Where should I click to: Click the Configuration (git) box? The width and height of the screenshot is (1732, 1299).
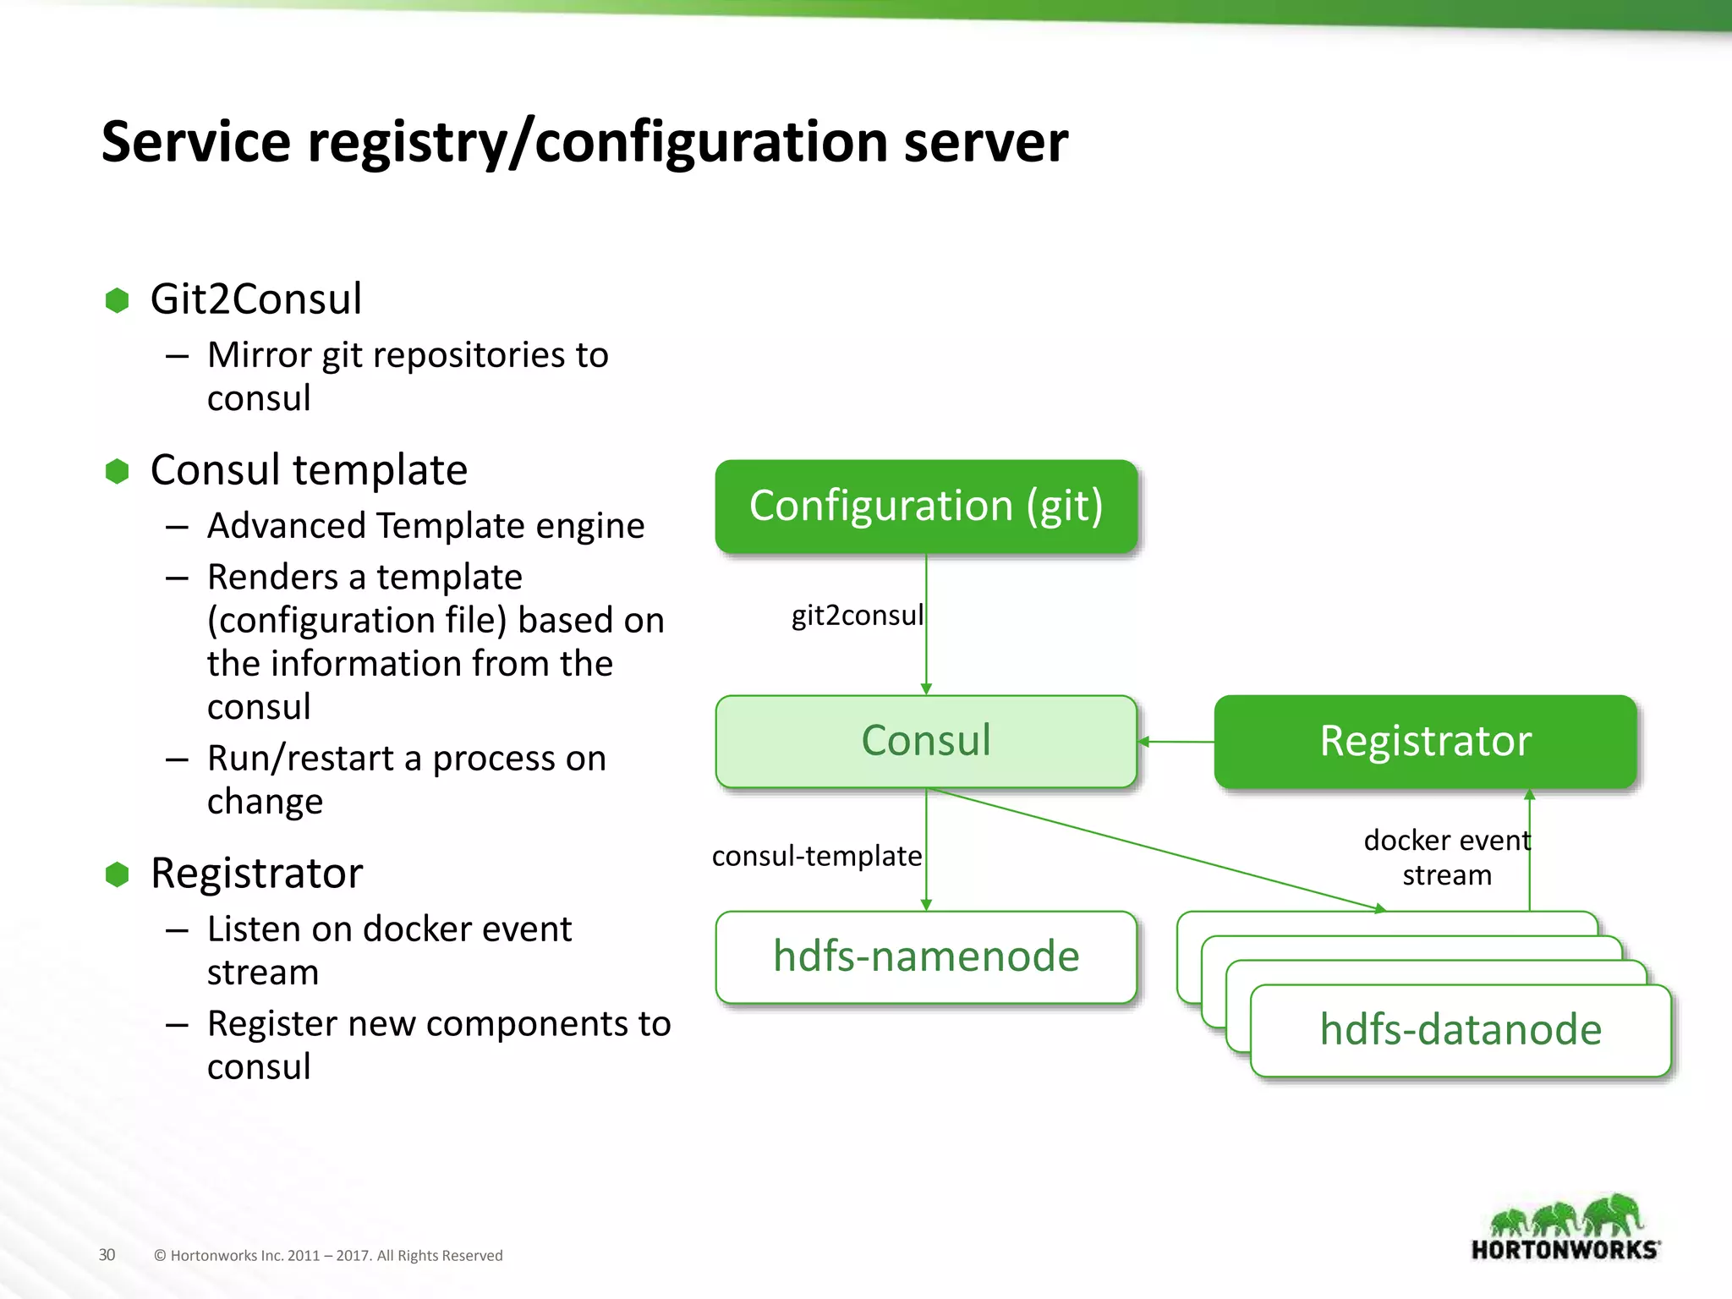click(926, 506)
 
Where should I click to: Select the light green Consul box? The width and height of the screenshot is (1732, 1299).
click(926, 741)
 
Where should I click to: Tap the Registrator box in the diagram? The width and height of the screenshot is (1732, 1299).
click(1425, 741)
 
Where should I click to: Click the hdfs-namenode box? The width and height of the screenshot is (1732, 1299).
click(926, 956)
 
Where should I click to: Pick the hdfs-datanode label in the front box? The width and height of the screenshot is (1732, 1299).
click(1461, 1030)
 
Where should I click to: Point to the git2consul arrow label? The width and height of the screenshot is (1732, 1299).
click(857, 615)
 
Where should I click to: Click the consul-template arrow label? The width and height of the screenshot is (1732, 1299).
click(816, 856)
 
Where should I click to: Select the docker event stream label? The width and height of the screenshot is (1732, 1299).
click(1447, 857)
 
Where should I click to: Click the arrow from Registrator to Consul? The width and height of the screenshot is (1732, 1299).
click(1176, 742)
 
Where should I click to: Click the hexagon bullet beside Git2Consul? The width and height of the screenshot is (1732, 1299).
click(117, 300)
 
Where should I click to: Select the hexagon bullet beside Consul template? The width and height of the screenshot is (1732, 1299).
click(117, 471)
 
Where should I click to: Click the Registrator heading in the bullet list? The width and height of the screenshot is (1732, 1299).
click(256, 874)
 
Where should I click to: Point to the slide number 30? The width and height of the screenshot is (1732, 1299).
click(107, 1255)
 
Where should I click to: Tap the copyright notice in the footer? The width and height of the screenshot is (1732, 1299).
click(328, 1256)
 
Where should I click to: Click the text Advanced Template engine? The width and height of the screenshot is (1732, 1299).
click(425, 526)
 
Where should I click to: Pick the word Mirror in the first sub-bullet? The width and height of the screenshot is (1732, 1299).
click(260, 355)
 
